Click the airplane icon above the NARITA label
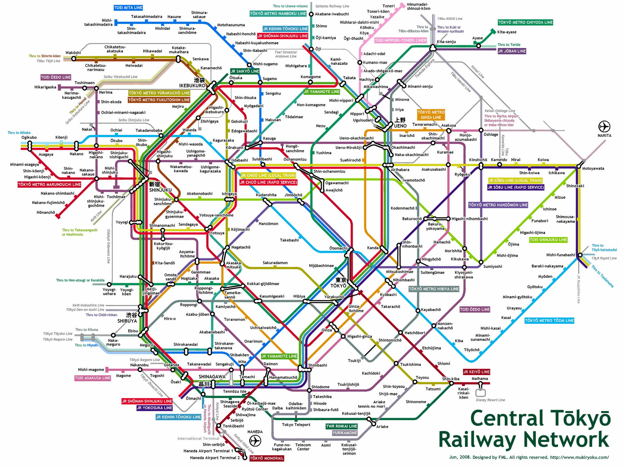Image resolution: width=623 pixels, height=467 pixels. (x=604, y=127)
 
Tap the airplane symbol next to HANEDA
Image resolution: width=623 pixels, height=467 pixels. (x=255, y=441)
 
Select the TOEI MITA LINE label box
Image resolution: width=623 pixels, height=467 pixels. (x=128, y=7)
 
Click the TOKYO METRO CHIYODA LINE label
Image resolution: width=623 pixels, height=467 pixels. (x=525, y=22)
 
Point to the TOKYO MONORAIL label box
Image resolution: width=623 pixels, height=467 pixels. (x=267, y=458)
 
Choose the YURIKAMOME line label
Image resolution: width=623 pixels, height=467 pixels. (x=345, y=433)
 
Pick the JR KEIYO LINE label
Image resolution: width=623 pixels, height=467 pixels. (x=476, y=372)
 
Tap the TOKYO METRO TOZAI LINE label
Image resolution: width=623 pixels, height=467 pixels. (x=549, y=320)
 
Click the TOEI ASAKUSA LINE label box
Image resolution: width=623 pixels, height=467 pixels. (x=93, y=378)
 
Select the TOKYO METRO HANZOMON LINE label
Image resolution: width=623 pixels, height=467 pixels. (x=498, y=205)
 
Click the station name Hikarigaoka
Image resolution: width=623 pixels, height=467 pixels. (x=45, y=87)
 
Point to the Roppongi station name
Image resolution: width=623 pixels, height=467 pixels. (x=188, y=305)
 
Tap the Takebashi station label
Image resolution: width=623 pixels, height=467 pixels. (x=289, y=240)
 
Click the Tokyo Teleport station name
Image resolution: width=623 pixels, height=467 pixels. (x=296, y=425)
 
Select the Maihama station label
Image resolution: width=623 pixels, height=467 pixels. (x=479, y=379)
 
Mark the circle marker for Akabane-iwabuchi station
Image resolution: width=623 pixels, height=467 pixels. (x=311, y=14)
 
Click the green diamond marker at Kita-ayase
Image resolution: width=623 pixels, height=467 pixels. (x=493, y=31)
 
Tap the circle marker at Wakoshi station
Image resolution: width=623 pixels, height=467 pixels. (x=74, y=59)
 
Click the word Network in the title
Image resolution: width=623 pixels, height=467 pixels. (x=524, y=440)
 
